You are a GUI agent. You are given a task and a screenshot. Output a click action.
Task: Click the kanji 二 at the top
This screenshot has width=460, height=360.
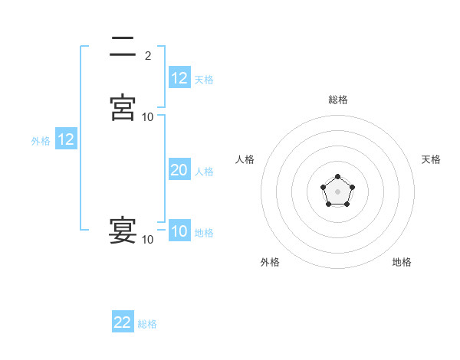tap(123, 47)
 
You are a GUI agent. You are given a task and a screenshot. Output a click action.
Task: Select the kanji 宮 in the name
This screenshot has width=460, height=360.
tap(123, 107)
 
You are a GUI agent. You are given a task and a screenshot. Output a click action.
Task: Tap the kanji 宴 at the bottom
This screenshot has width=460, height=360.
tap(123, 230)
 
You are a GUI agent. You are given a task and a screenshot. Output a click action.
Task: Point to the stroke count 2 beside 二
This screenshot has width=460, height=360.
tap(148, 55)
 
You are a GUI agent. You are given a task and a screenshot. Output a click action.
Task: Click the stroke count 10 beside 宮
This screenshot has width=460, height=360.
tap(148, 116)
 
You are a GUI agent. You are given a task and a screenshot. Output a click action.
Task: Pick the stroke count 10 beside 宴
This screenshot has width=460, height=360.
tap(148, 240)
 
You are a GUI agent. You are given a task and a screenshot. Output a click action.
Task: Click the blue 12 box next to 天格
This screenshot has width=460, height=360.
tap(179, 78)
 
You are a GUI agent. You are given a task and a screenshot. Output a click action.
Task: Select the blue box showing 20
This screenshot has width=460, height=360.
tap(179, 170)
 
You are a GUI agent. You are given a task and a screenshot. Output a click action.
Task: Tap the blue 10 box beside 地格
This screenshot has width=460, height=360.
tap(179, 231)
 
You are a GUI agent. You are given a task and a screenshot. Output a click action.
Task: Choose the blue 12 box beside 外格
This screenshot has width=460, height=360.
tap(66, 139)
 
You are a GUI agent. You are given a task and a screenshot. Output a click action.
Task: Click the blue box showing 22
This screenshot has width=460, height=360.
tap(123, 322)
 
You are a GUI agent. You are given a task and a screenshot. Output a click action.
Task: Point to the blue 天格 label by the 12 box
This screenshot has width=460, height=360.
tap(204, 79)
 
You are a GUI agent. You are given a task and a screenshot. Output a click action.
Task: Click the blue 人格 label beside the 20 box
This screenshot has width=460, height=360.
tap(204, 171)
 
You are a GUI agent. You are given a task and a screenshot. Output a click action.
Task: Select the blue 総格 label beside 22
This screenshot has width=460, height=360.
tap(147, 323)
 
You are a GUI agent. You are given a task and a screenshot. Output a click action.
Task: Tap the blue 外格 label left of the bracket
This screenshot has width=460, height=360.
tap(41, 140)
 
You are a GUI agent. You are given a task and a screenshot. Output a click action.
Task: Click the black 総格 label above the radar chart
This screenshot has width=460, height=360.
tap(337, 100)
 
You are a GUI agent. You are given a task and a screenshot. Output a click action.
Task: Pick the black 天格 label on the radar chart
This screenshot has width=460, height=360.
tap(431, 159)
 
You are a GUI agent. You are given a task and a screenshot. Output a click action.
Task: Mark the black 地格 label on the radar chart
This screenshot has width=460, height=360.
tap(402, 262)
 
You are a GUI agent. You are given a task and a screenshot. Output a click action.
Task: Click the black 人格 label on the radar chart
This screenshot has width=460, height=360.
tap(245, 159)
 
